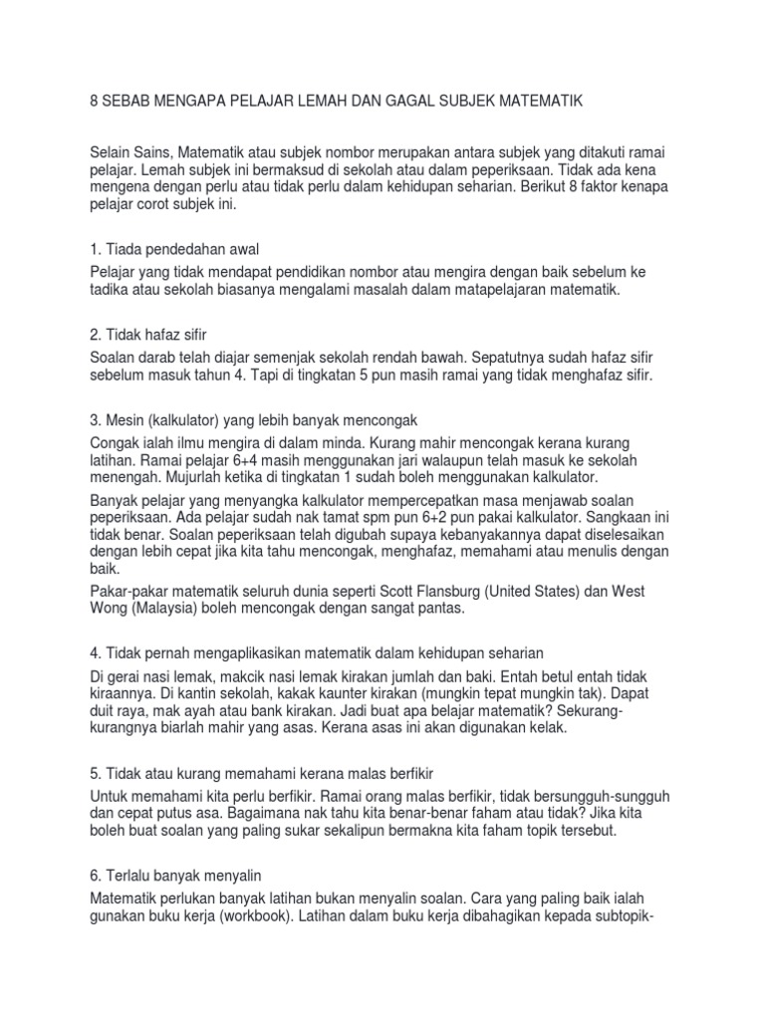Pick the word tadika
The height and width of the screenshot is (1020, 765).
[x=112, y=290]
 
